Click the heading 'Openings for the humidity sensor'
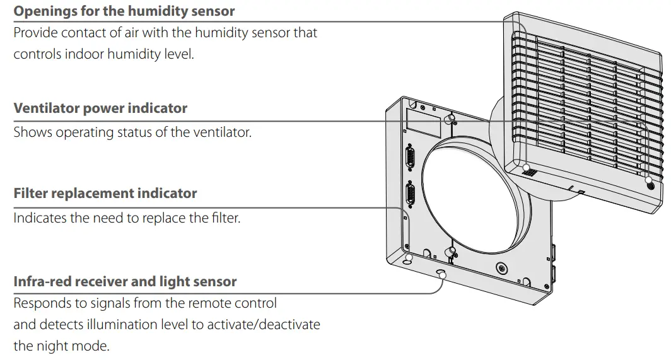pos(124,11)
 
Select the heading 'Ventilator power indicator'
pos(100,108)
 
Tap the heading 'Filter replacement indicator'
pos(105,194)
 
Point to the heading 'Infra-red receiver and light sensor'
pos(125,281)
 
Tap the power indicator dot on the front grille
pos(650,187)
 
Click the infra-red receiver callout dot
pos(441,274)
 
